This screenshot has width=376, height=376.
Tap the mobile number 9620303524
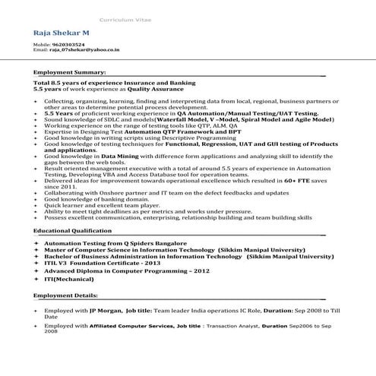click(x=69, y=45)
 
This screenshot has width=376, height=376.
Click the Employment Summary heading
click(x=68, y=72)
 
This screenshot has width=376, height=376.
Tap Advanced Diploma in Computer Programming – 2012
click(x=126, y=271)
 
